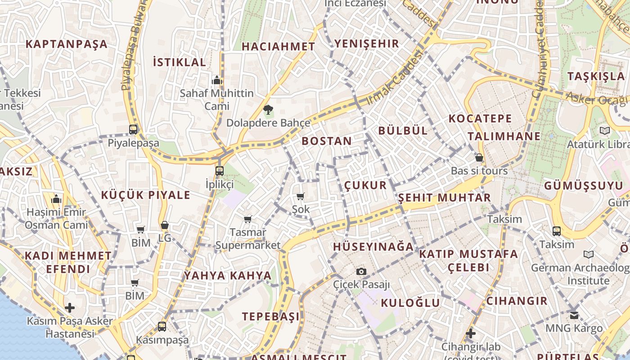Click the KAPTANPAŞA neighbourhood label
[67, 44]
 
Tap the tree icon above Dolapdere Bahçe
[268, 109]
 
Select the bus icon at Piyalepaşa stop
[133, 130]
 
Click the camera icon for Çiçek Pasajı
[361, 271]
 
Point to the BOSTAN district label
[327, 141]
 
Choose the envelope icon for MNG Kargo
[574, 315]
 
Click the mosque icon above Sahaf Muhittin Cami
[217, 81]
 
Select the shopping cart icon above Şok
[301, 196]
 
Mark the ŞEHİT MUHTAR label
[444, 198]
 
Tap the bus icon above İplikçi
[219, 171]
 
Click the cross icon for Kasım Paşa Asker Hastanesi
[70, 308]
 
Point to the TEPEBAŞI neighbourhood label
[271, 316]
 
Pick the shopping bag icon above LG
[165, 225]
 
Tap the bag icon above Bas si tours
[479, 158]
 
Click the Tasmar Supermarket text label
[247, 239]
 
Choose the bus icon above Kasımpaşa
[162, 326]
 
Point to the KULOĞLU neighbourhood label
[410, 303]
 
